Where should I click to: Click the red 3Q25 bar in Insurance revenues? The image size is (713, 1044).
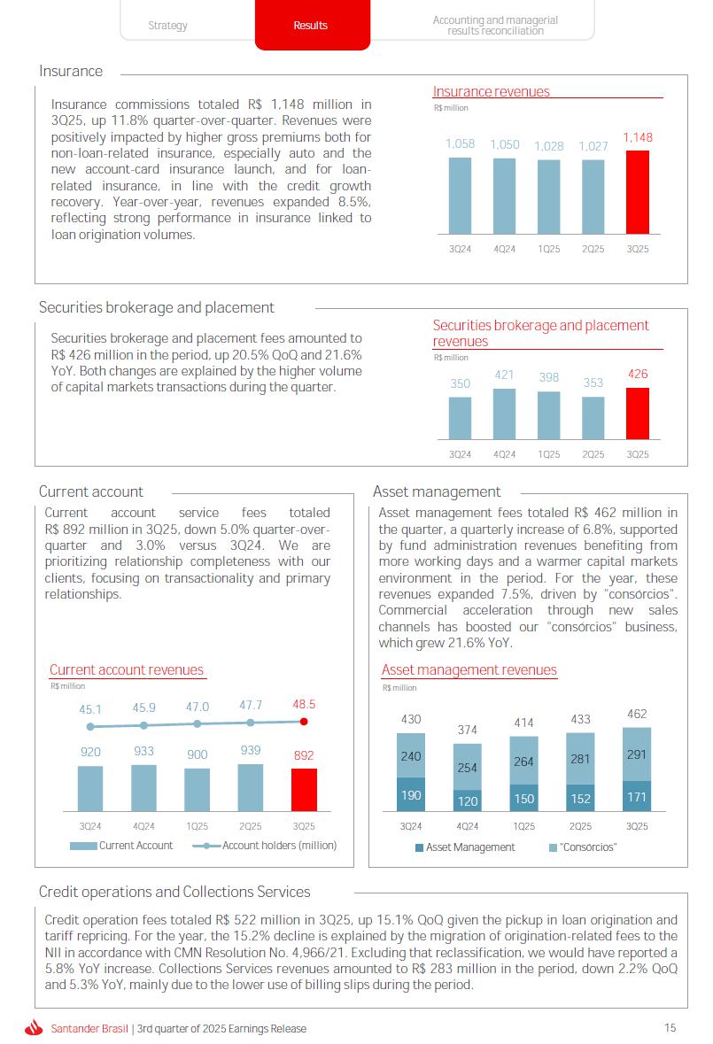637,191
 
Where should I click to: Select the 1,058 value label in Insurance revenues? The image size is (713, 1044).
460,144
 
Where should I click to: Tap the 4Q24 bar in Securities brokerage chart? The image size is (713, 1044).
504,414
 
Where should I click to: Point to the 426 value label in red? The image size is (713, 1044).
638,375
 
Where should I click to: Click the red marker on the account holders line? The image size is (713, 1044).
304,722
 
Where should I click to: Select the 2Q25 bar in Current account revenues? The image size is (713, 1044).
251,787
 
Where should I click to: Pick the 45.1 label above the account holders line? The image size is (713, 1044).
90,709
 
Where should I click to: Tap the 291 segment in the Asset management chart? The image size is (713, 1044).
637,754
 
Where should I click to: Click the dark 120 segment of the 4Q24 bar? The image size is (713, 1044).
468,800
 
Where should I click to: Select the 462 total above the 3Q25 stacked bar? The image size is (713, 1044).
637,714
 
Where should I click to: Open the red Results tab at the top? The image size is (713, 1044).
311,26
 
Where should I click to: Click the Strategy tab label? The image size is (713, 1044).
167,26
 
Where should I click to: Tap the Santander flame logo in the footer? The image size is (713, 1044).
35,1028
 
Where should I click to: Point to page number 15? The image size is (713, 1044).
670,1027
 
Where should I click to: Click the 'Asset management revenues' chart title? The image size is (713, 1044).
469,670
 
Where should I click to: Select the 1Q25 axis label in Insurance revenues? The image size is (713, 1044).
549,250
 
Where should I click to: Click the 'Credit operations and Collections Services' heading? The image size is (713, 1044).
174,892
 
